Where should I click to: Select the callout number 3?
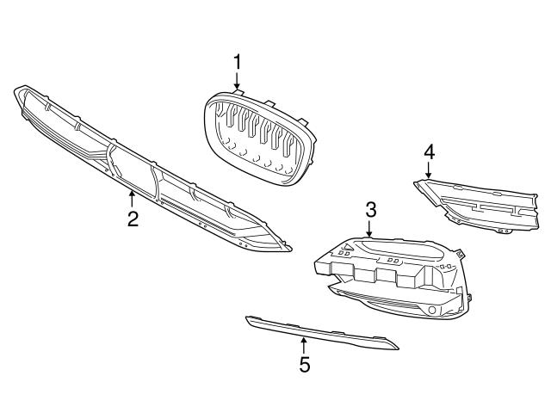tap(370, 209)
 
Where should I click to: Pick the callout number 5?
tap(304, 365)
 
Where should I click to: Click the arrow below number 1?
tap(237, 82)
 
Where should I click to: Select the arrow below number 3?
tap(370, 229)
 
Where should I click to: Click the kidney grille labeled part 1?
tap(258, 138)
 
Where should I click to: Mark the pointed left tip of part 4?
tap(414, 180)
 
